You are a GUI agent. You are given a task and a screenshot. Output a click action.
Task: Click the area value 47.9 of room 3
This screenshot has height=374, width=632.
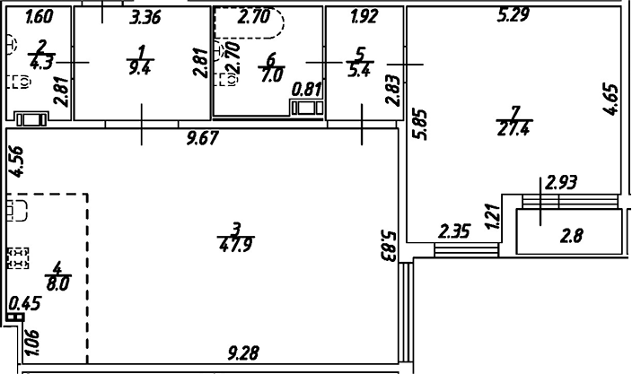(x=237, y=245)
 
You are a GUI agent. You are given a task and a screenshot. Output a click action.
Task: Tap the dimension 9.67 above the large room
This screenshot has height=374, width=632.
(x=203, y=138)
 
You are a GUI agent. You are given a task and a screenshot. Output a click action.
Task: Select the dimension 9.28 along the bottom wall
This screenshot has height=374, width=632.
(x=243, y=353)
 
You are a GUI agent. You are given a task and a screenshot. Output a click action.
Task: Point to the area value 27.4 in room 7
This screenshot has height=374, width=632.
(x=513, y=129)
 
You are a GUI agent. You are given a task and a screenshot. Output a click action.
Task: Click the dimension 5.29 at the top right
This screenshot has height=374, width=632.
(x=513, y=14)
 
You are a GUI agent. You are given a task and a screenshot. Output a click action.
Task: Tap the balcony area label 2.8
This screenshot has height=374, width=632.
(x=572, y=236)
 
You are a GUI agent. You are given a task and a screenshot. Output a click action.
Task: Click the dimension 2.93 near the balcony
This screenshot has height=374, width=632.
(x=561, y=182)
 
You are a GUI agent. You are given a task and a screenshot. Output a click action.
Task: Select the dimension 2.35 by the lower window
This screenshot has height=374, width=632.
(x=454, y=232)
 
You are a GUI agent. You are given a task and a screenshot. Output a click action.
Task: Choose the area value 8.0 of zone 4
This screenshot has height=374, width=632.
(x=58, y=283)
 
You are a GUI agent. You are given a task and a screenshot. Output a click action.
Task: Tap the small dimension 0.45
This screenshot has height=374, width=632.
(x=25, y=303)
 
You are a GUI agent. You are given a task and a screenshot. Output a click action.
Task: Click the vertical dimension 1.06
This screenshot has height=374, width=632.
(x=32, y=343)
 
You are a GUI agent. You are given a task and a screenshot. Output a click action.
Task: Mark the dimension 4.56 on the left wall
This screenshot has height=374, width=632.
(x=17, y=161)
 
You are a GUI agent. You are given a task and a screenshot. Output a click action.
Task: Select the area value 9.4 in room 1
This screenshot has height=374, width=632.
(x=139, y=68)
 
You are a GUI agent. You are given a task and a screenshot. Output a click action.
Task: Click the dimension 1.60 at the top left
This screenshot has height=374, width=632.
(x=39, y=17)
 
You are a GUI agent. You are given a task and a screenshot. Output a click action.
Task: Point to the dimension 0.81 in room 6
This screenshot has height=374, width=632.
(x=307, y=89)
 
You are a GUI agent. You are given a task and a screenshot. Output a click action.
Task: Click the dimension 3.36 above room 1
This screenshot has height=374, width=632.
(x=145, y=18)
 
